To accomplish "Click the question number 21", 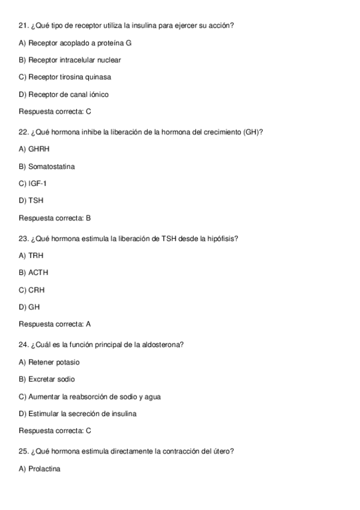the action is (23, 26).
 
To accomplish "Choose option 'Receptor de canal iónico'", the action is (64, 94).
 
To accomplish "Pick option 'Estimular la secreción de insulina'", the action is (78, 414).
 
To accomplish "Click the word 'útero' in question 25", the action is (222, 451).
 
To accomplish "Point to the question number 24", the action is (23, 345).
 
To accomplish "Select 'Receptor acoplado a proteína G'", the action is (75, 43).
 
